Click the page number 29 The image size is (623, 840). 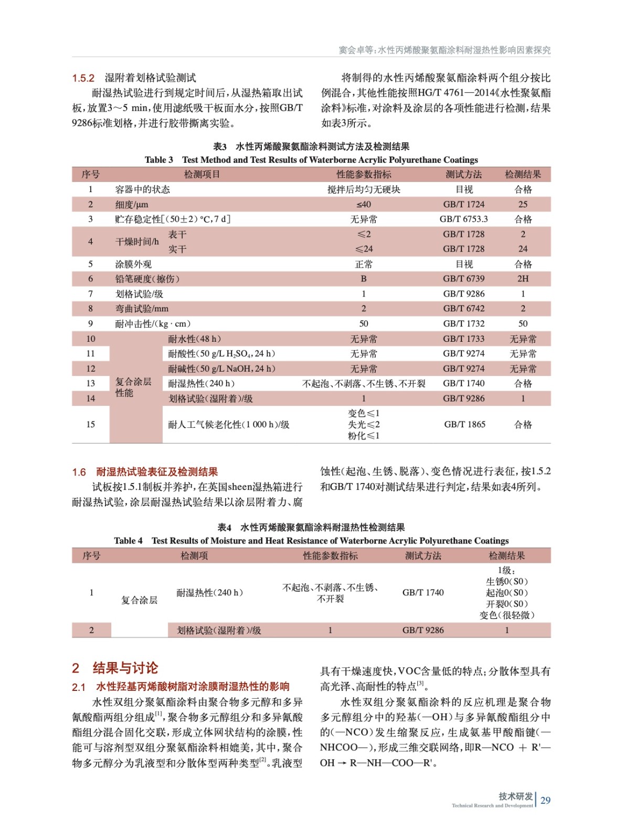[545, 800]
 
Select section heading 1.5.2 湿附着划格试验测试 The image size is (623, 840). [134, 78]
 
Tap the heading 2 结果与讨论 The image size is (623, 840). [115, 668]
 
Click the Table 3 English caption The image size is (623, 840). [311, 160]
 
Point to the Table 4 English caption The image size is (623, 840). [311, 540]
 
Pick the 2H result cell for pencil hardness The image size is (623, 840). [523, 279]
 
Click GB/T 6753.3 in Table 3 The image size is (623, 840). [463, 219]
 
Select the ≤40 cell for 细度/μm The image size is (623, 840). [363, 204]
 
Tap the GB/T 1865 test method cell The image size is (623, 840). [464, 424]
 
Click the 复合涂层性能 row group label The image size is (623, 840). [133, 387]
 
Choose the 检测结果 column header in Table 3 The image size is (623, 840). [523, 174]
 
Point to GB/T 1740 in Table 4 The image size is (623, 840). [423, 592]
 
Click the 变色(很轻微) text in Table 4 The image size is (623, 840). [506, 615]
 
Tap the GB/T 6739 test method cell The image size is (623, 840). [463, 279]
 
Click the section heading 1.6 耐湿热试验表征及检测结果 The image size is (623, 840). [145, 472]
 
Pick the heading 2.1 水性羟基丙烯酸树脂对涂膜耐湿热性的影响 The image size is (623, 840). [181, 687]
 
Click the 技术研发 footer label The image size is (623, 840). [515, 796]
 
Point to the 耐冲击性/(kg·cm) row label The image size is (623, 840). [153, 324]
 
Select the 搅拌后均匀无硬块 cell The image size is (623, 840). [363, 190]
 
